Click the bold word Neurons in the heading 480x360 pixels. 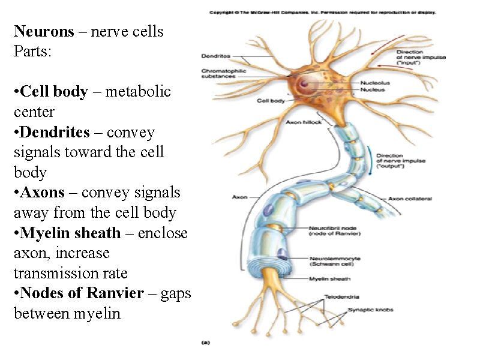point(41,31)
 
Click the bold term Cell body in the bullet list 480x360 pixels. point(53,92)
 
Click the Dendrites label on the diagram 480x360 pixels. point(215,56)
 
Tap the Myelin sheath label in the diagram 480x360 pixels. point(329,278)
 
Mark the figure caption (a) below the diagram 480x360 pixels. point(205,343)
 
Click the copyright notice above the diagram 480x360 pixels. point(322,12)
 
